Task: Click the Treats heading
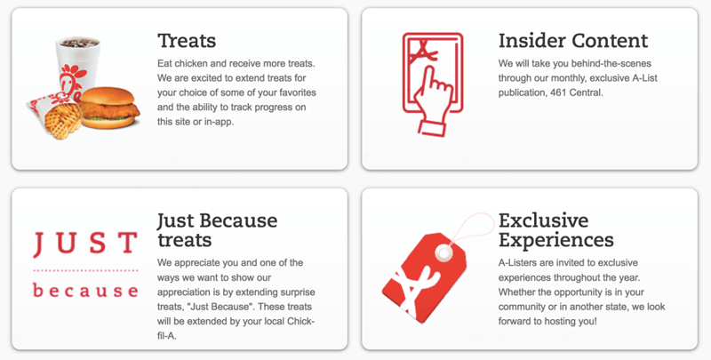pyautogui.click(x=187, y=41)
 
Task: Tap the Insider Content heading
pyautogui.click(x=573, y=41)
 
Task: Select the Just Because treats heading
pyautogui.click(x=217, y=230)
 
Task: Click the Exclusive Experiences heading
pyautogui.click(x=556, y=230)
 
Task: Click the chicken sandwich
pyautogui.click(x=109, y=108)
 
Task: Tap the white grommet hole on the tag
pyautogui.click(x=443, y=252)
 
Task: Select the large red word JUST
pyautogui.click(x=85, y=244)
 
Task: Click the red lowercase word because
pyautogui.click(x=85, y=290)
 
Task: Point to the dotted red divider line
pyautogui.click(x=85, y=271)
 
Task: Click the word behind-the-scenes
pyautogui.click(x=611, y=63)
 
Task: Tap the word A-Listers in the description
pyautogui.click(x=517, y=263)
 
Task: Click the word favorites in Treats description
pyautogui.click(x=298, y=92)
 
